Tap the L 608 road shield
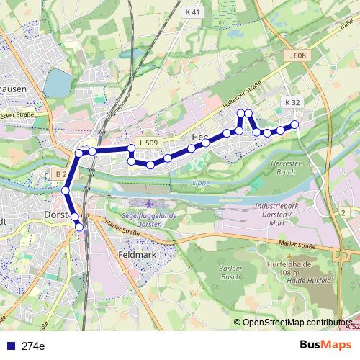[x=297, y=55]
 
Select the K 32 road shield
[x=292, y=103]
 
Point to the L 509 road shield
[x=148, y=143]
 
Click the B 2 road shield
[x=61, y=174]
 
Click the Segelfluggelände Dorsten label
[x=148, y=219]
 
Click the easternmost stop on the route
[x=294, y=126]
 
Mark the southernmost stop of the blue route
[x=79, y=228]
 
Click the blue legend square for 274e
[x=9, y=346]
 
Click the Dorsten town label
[x=55, y=215]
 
